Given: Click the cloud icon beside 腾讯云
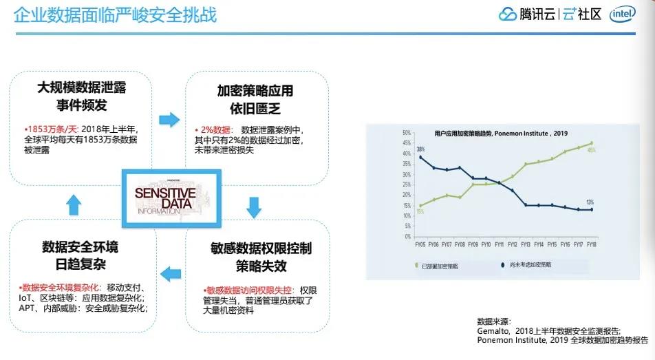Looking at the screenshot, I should [507, 14].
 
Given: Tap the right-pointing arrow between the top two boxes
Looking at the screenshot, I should [169, 120].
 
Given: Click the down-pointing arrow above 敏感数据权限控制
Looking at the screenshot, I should [254, 207].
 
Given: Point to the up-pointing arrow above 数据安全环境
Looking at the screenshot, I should [74, 204].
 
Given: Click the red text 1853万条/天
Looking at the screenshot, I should [52, 129].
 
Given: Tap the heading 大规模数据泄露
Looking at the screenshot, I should [82, 88].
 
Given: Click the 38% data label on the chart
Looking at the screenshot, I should [420, 149].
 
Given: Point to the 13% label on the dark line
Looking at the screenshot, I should [590, 202].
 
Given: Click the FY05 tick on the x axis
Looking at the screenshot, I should [420, 244].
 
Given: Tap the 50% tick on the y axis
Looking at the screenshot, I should [406, 133].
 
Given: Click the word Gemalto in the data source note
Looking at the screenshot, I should [491, 331].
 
